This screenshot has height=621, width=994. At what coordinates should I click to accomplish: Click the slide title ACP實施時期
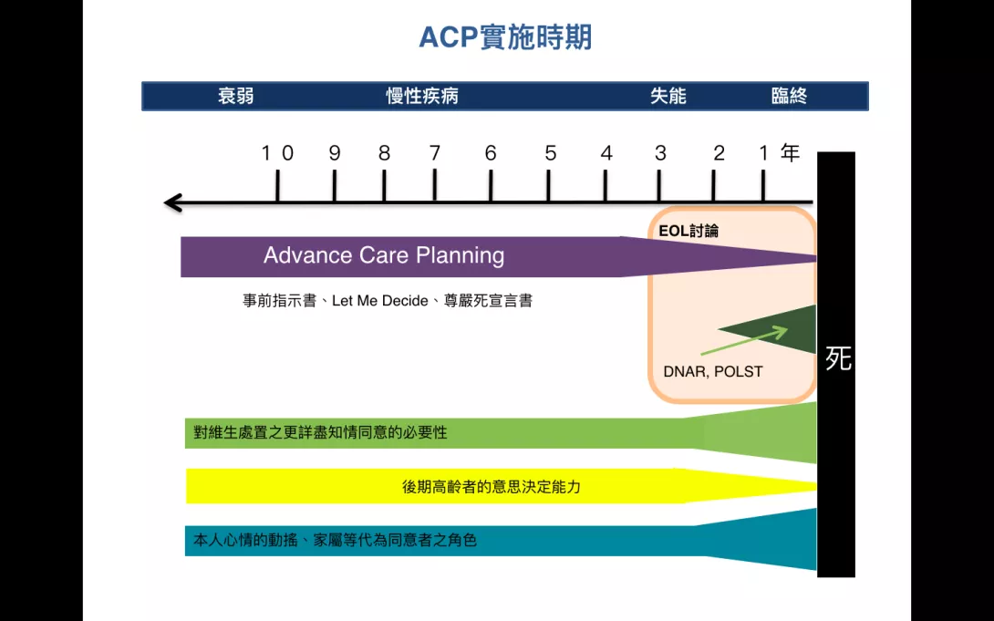505,37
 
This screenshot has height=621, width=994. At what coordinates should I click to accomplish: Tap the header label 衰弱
236,97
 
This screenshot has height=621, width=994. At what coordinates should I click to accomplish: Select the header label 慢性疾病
422,97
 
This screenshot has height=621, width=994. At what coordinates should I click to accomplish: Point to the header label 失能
668,97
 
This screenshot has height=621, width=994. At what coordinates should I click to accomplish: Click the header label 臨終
789,97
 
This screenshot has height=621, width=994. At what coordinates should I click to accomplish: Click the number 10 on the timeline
277,153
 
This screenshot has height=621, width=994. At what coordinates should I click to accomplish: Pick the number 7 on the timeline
435,153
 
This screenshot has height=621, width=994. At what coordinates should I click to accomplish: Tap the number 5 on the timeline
550,153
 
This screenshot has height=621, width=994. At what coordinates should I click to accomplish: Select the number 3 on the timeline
660,153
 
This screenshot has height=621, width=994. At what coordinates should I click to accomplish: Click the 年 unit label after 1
790,152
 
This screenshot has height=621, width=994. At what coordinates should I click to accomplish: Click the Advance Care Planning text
384,255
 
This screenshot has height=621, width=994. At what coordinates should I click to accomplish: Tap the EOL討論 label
689,232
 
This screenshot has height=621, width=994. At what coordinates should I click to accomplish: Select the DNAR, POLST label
712,371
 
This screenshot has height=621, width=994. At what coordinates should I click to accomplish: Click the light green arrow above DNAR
744,341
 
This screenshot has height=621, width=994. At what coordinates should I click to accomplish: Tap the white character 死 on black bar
837,358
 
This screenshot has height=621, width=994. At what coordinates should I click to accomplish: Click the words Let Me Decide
379,301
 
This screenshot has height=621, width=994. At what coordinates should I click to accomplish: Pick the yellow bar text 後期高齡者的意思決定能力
492,487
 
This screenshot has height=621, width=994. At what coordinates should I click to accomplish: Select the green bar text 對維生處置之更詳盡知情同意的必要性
320,433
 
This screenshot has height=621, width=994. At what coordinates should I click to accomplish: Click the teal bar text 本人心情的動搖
245,541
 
